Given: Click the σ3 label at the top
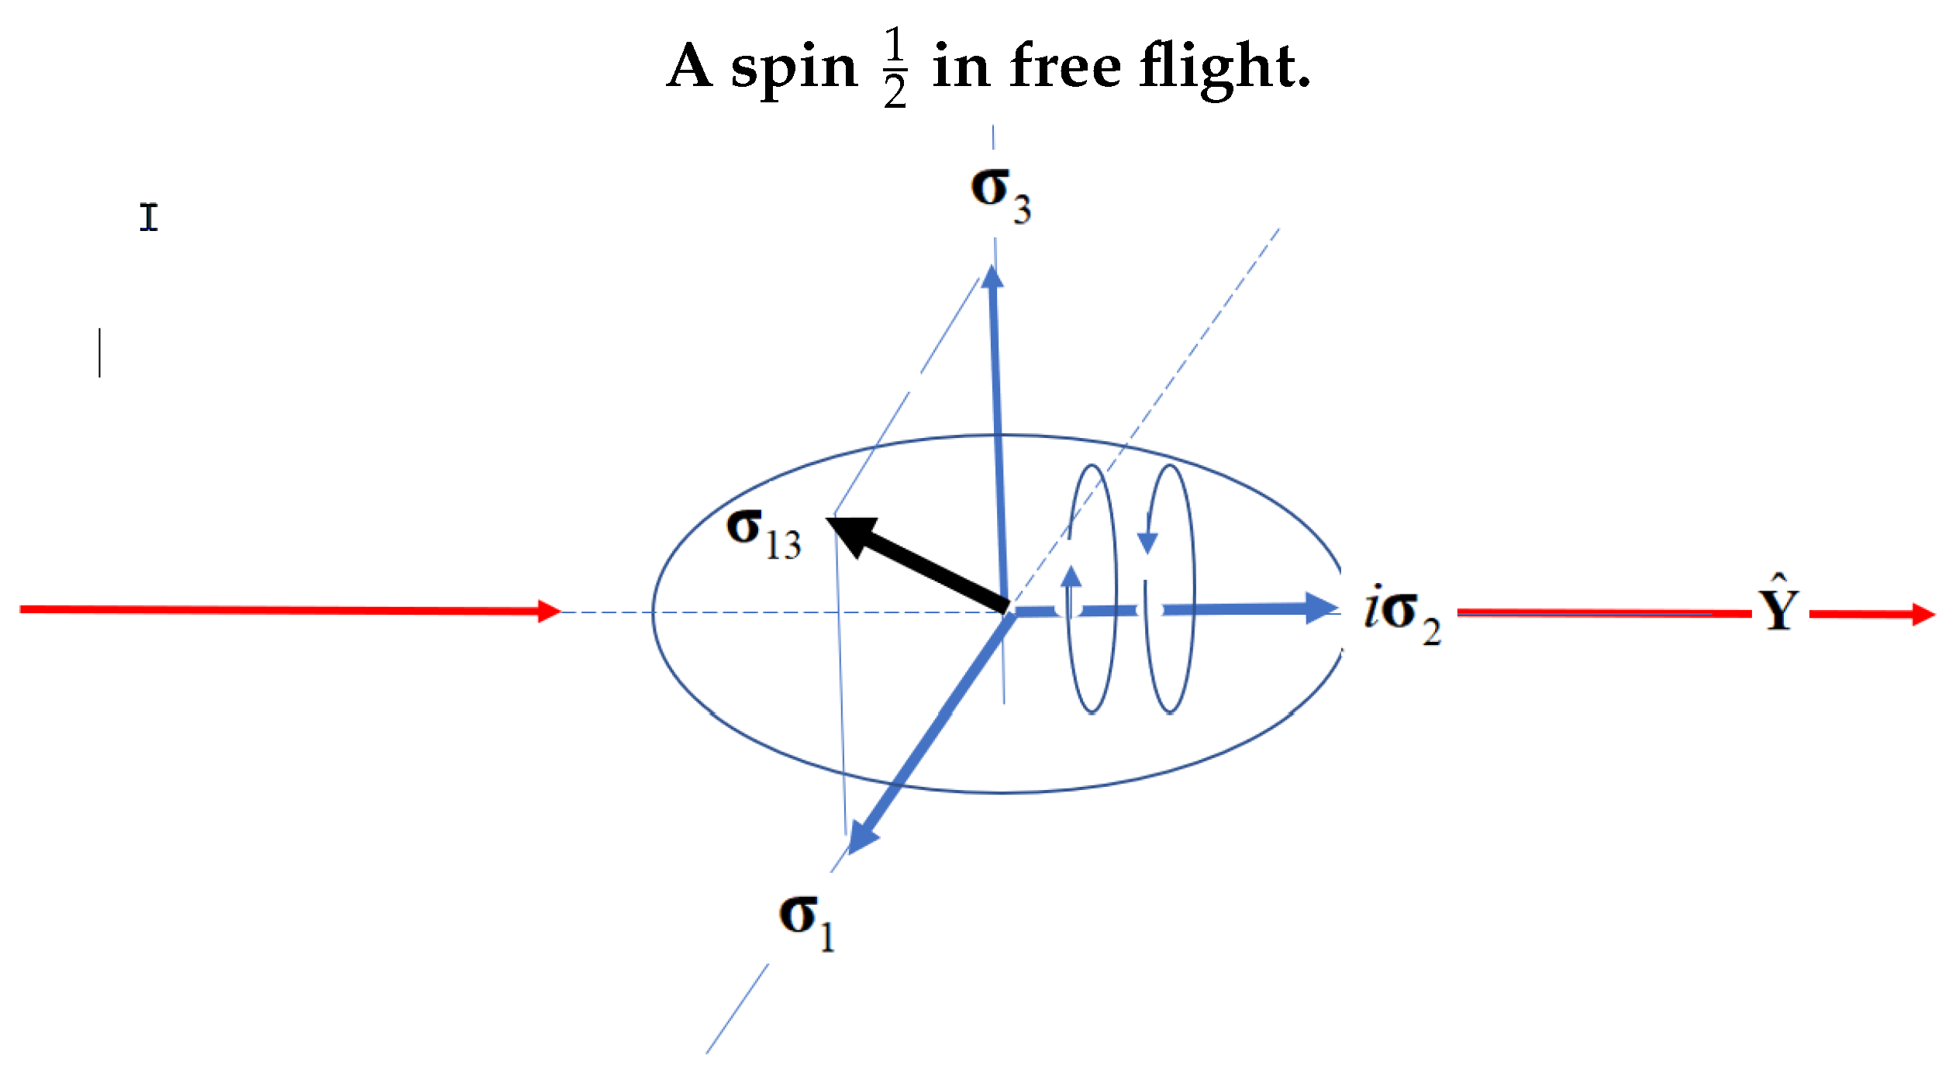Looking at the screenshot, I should point(1000,194).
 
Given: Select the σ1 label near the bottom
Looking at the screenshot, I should point(806,923).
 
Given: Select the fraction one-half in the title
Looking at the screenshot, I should point(895,67).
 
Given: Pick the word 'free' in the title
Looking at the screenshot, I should point(1066,66).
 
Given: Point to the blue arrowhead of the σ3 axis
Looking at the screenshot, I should point(992,277).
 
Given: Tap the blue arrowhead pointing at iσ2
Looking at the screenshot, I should point(1320,609).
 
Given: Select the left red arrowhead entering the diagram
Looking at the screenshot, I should point(549,611).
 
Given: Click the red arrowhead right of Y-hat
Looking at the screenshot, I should point(1923,614).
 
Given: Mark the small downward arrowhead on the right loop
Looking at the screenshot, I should point(1147,543).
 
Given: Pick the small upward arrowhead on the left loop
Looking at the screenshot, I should point(1071,577).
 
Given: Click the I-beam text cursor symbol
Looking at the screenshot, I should point(149,217).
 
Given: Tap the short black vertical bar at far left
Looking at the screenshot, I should point(100,353).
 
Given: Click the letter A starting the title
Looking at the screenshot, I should point(690,66).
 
